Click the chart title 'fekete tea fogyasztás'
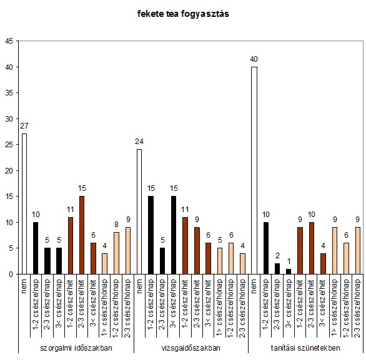point(183,14)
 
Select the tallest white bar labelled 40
point(254,170)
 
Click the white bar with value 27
point(24,204)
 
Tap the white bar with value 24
point(139,212)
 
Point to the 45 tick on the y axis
point(9,41)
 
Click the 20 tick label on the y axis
point(9,171)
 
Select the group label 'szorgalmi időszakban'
point(76,348)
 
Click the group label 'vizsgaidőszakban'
point(190,348)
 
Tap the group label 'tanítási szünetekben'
point(305,348)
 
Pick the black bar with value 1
point(289,271)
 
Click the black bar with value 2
point(277,269)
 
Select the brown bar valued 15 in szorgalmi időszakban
point(82,235)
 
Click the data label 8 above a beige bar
point(116,225)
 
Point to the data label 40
point(254,59)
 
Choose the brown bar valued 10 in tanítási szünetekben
point(312,248)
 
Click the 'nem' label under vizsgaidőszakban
point(139,286)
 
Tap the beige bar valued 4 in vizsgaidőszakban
point(243,264)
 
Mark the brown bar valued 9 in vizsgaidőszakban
point(197,251)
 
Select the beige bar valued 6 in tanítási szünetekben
point(346,258)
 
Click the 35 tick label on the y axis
point(9,93)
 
